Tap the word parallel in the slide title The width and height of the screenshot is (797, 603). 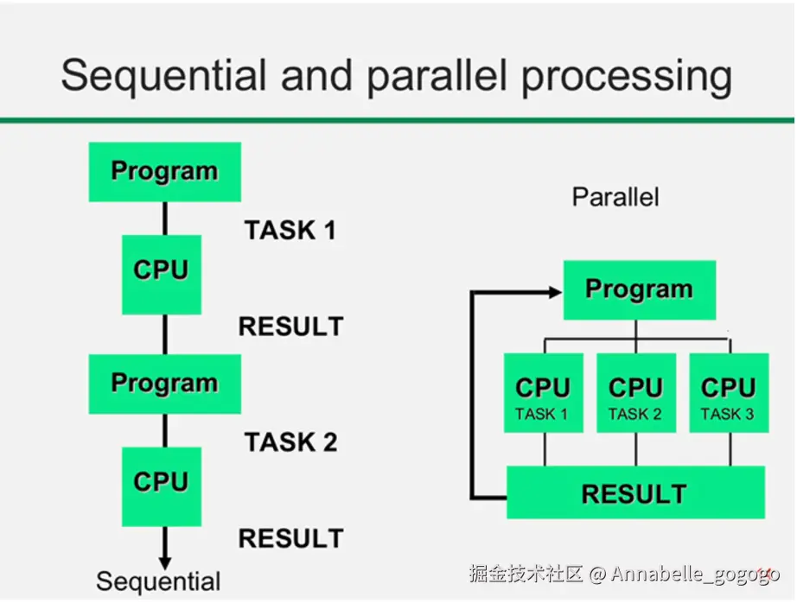(x=437, y=76)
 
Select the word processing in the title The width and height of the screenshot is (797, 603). (x=628, y=76)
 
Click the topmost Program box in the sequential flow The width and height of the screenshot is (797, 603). (x=165, y=172)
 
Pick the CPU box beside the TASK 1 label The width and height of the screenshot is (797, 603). (x=162, y=275)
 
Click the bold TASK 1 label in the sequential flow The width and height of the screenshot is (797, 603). (x=290, y=230)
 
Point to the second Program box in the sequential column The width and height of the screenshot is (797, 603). (x=165, y=384)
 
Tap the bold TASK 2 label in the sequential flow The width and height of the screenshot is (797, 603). (x=290, y=442)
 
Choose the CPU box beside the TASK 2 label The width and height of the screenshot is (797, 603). (x=162, y=486)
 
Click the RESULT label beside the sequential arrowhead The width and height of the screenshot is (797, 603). (x=291, y=538)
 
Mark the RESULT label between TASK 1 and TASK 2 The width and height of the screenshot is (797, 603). (x=291, y=327)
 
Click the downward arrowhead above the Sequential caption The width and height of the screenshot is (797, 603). (x=165, y=563)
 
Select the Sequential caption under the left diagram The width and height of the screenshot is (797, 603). (x=158, y=581)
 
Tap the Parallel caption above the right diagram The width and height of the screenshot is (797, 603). (x=615, y=197)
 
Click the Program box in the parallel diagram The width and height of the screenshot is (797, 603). (x=640, y=290)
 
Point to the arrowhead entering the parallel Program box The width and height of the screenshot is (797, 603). (x=556, y=292)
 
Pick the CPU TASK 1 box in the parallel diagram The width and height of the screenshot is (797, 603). (x=544, y=393)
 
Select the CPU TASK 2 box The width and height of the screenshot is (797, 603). (x=636, y=393)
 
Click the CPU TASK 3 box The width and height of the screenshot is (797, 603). (x=729, y=393)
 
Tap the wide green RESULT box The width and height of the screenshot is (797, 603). (x=635, y=492)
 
